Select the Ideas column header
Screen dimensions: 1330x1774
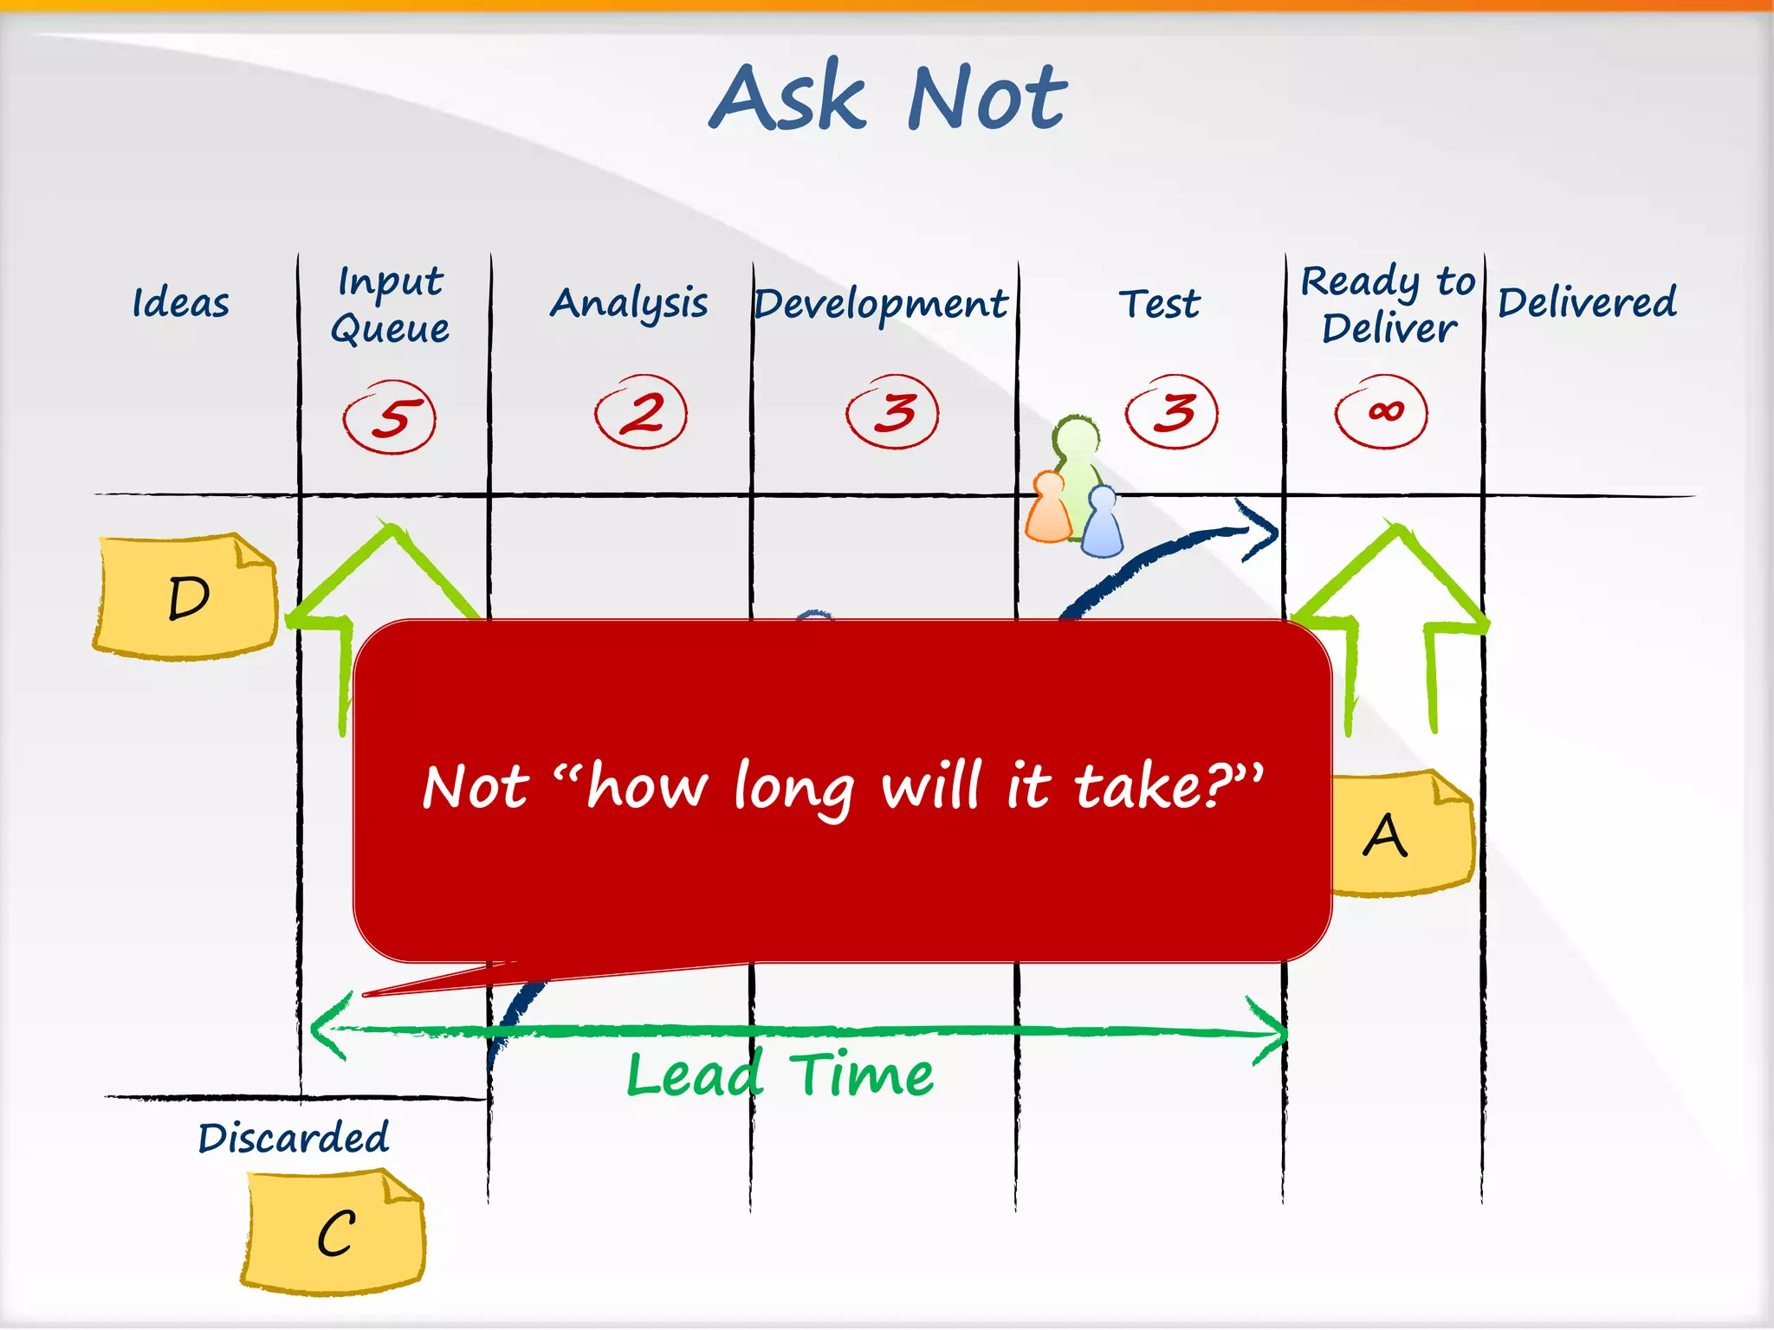pyautogui.click(x=181, y=303)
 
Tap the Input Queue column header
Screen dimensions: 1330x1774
pyautogui.click(x=391, y=305)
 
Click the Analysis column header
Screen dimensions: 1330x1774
pyautogui.click(x=629, y=304)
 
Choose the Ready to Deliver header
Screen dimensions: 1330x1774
pyautogui.click(x=1387, y=305)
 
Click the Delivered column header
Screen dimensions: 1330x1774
pyautogui.click(x=1587, y=303)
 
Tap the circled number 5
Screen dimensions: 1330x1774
pyautogui.click(x=390, y=416)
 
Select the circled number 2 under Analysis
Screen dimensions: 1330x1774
pyautogui.click(x=641, y=412)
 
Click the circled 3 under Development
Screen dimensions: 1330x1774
pyautogui.click(x=893, y=411)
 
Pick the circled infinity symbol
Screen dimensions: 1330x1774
pyautogui.click(x=1382, y=411)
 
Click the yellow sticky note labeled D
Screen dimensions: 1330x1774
pyautogui.click(x=187, y=597)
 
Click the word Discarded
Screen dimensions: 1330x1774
pyautogui.click(x=294, y=1138)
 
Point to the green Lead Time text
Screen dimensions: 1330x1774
pyautogui.click(x=780, y=1075)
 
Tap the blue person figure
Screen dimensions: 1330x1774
pyautogui.click(x=1103, y=523)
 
